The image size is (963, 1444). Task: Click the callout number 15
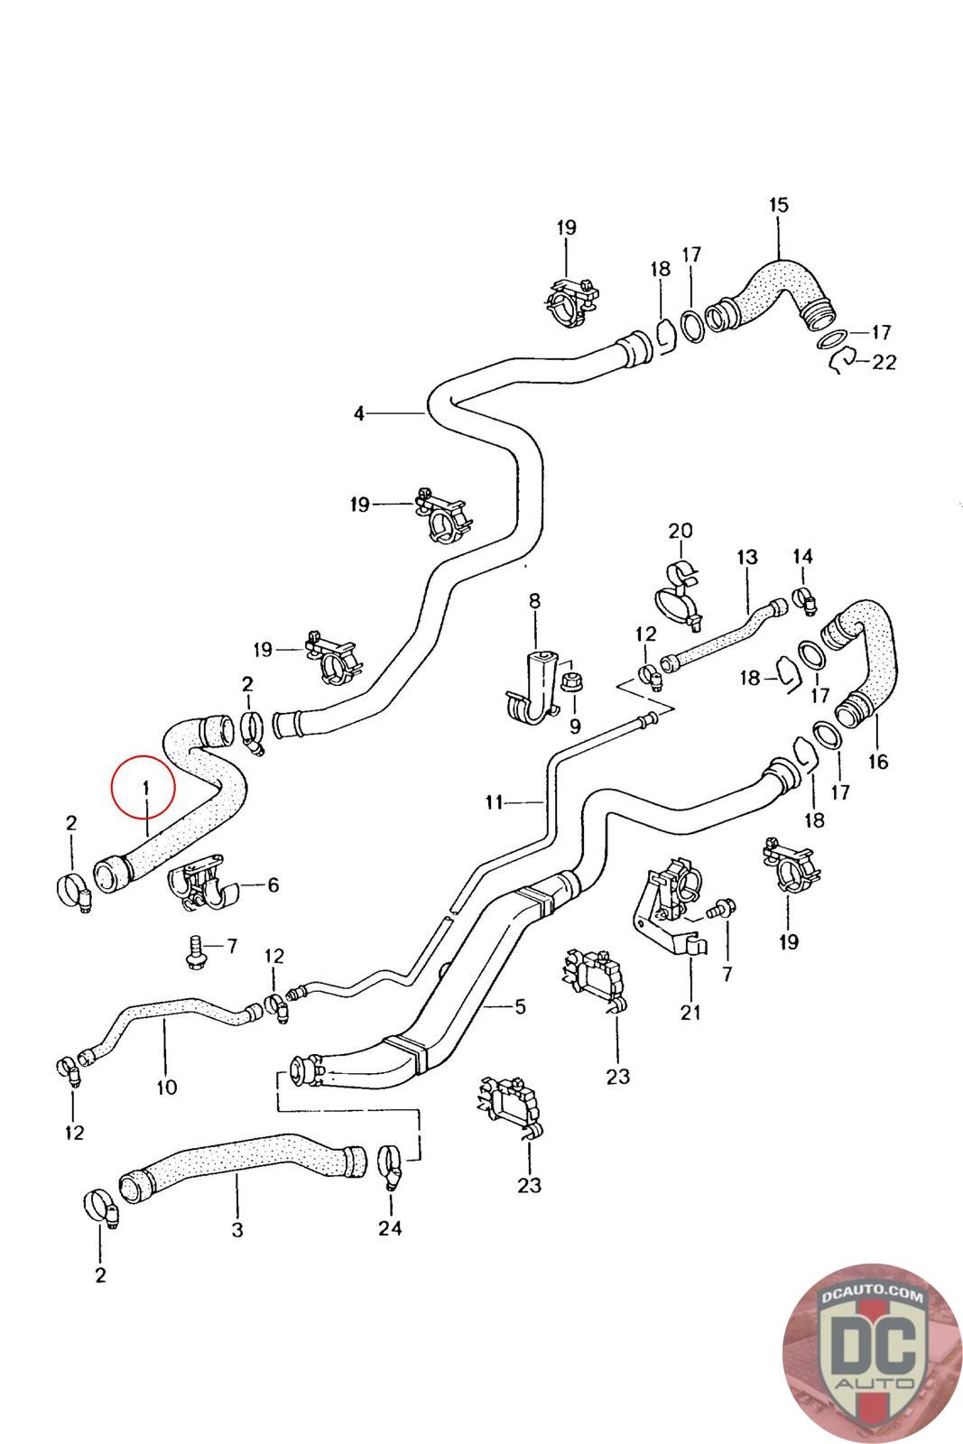coord(778,205)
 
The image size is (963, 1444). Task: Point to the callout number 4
coord(359,413)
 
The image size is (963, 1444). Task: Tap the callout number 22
coord(884,363)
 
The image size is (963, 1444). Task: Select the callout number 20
coord(681,530)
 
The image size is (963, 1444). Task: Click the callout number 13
coord(747,558)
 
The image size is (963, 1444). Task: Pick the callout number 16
coord(876,762)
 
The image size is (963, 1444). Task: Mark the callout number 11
coord(493,801)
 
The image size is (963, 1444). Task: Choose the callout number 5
coord(520,1006)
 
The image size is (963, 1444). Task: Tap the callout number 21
coord(690,1013)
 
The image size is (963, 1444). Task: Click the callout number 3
coord(236,1229)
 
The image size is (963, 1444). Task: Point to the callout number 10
coord(167,1087)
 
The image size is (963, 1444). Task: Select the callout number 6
coord(273,885)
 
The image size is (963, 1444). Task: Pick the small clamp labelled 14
coord(803,596)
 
